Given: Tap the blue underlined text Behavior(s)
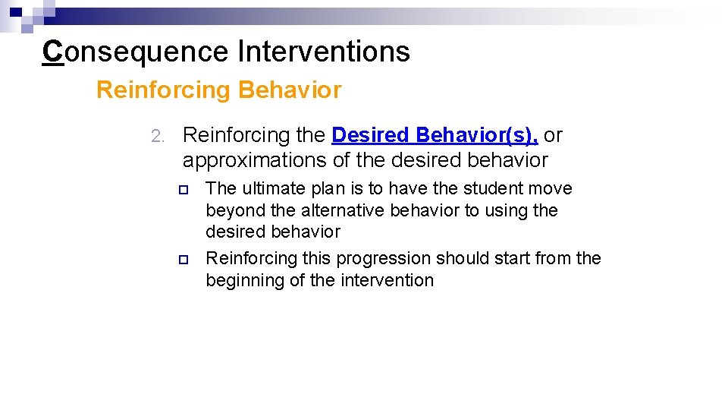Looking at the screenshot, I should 477,135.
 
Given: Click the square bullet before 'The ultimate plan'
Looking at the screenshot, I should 182,189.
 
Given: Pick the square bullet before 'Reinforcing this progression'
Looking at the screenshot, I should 182,260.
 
